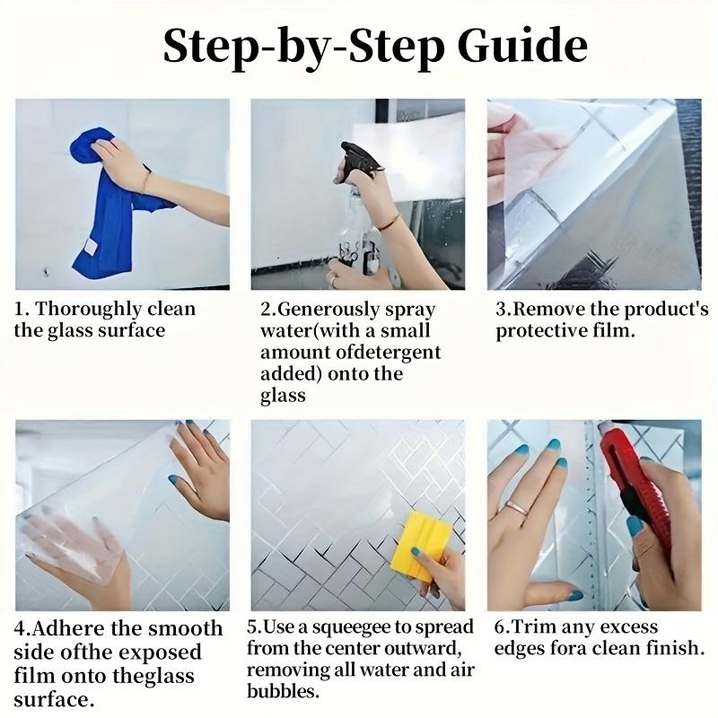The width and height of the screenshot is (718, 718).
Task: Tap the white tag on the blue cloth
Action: (x=91, y=248)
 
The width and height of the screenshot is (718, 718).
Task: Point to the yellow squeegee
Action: (x=420, y=546)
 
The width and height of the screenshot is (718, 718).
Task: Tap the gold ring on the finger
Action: (x=517, y=507)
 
